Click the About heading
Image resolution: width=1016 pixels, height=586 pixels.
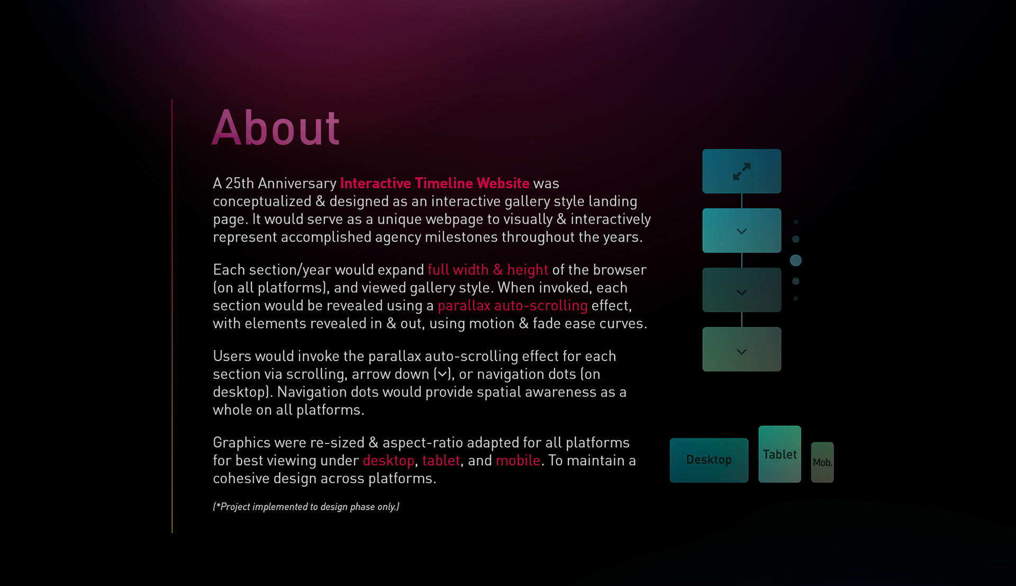point(276,128)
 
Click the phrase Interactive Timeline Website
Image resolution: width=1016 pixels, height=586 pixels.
point(434,183)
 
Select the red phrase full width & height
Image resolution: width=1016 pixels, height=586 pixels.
point(488,270)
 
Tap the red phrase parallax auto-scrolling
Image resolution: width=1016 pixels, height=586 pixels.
point(513,306)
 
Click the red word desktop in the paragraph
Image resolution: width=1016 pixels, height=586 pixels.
point(388,461)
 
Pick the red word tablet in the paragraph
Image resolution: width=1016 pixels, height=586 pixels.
point(441,460)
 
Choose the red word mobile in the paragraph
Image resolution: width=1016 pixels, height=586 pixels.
point(518,460)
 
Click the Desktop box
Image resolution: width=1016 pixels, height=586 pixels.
point(709,460)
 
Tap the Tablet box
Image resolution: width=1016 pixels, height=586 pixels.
point(780,454)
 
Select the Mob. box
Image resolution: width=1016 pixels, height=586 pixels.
point(822,462)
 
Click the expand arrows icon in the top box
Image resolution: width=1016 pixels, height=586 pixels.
point(742,171)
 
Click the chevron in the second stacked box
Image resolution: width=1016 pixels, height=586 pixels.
point(742,232)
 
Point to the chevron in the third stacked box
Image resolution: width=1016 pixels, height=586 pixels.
point(742,292)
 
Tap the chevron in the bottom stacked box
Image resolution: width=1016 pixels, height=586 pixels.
point(742,352)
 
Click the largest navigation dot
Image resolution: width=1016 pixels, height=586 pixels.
point(795,260)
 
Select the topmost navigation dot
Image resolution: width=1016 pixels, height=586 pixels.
point(795,222)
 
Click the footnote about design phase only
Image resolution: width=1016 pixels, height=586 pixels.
point(306,507)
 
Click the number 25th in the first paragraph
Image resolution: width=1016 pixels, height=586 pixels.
point(240,183)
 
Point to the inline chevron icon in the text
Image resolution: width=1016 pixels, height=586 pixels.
point(442,375)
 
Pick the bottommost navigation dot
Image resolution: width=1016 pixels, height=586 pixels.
point(795,299)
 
